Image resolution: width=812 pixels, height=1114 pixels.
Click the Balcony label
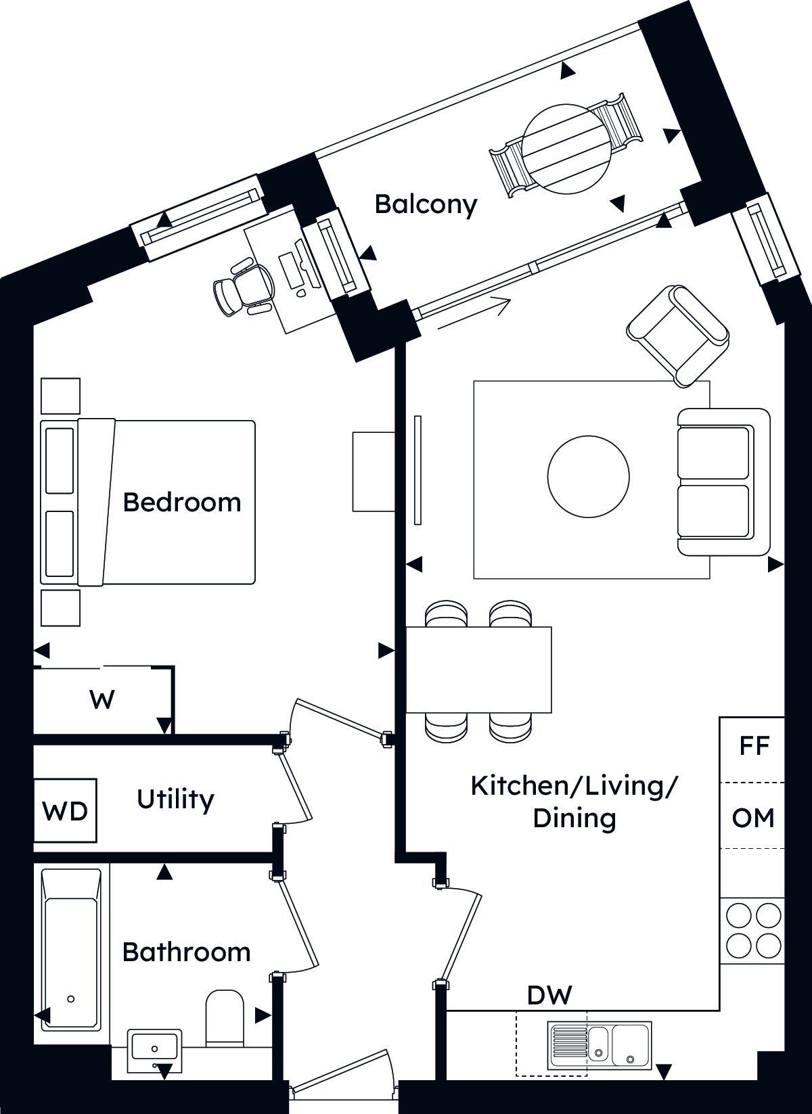tap(426, 205)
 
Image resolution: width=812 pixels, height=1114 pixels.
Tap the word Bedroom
tap(182, 503)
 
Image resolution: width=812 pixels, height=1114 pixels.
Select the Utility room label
tap(175, 800)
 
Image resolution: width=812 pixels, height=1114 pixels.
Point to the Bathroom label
tap(186, 952)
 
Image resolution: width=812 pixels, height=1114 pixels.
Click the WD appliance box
tap(65, 810)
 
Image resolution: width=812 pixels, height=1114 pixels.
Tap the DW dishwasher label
tap(549, 995)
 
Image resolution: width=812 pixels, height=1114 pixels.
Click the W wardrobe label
tap(102, 700)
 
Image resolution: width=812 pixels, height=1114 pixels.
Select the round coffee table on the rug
tap(589, 477)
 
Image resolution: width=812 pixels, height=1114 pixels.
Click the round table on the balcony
tap(566, 149)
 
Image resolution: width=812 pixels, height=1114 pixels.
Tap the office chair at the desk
tap(244, 287)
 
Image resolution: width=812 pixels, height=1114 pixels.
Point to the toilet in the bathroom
tap(225, 1019)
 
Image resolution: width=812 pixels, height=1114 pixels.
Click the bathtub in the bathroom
tap(71, 950)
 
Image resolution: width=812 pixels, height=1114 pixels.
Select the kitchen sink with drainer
tap(600, 1045)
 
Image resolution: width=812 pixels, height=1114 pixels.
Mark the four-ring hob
tap(752, 931)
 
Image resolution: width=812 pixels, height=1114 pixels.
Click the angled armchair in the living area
tap(677, 336)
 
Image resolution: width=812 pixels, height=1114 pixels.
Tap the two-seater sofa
tap(723, 482)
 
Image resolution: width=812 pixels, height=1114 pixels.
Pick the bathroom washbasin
tap(154, 1050)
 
